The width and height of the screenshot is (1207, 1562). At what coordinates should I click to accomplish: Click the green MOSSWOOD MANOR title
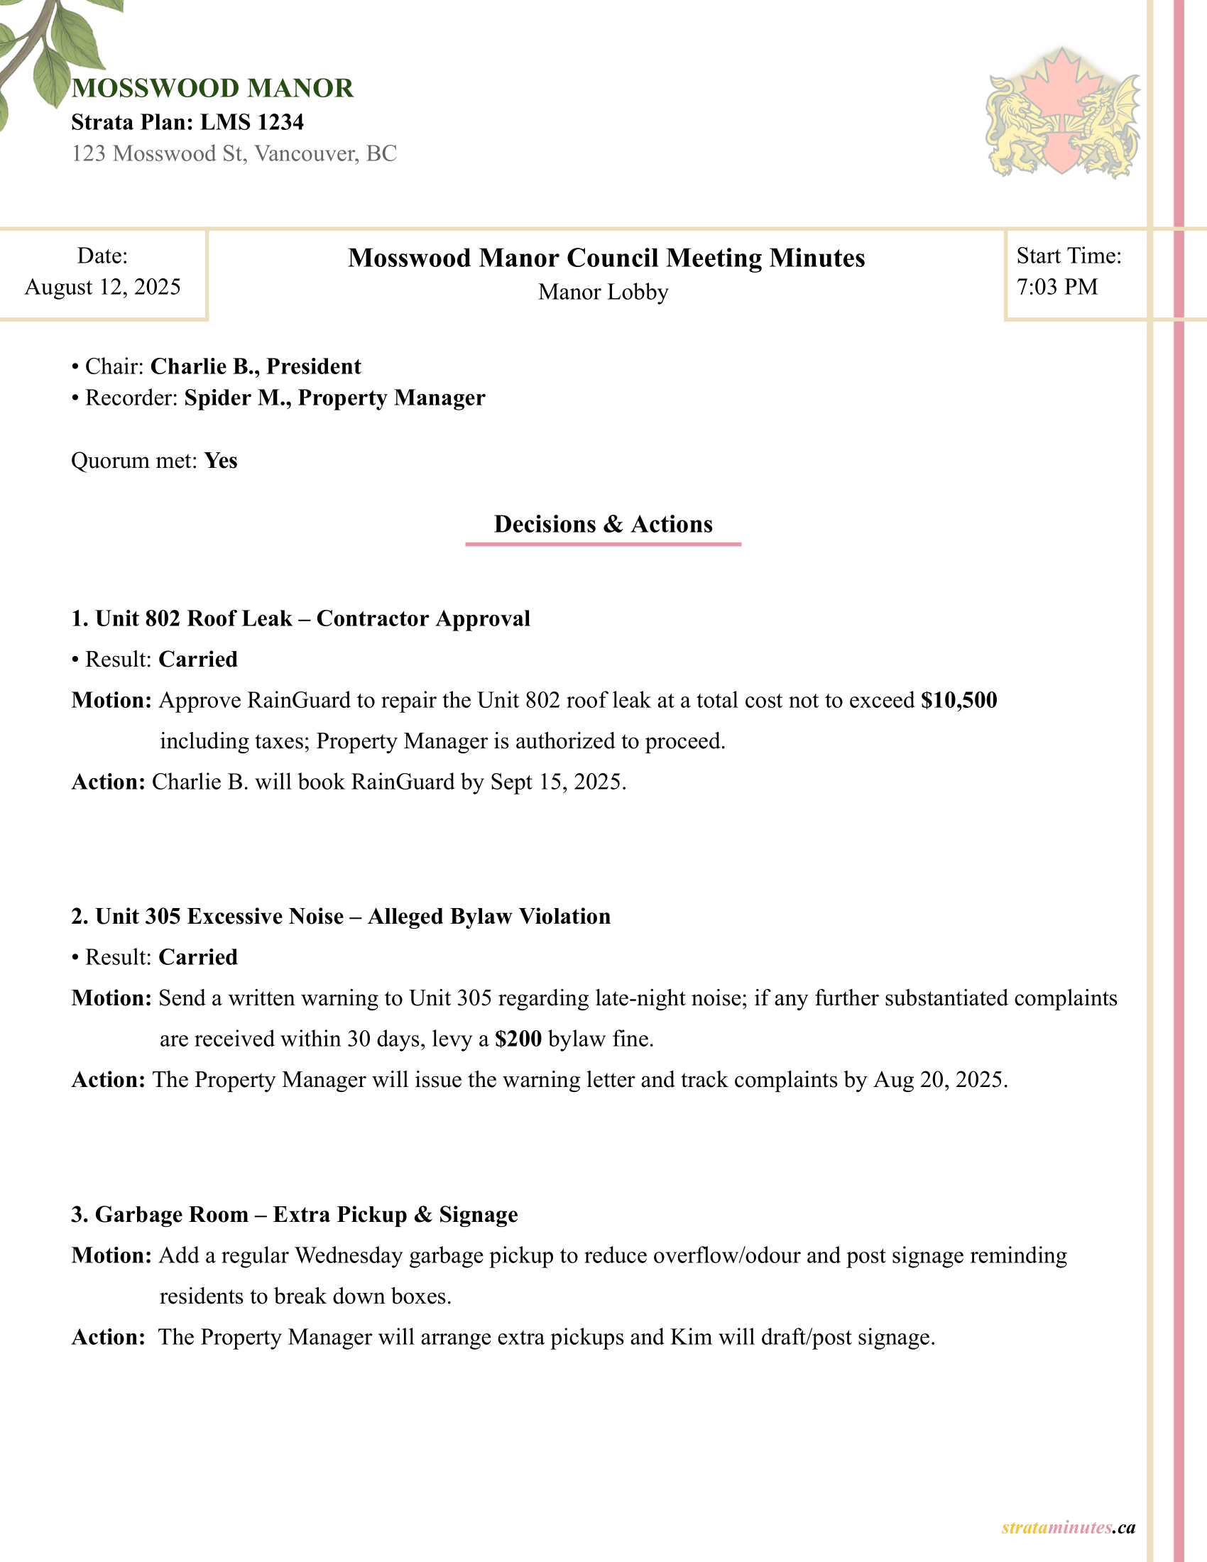212,89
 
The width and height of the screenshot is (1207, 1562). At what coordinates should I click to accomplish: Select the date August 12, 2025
103,287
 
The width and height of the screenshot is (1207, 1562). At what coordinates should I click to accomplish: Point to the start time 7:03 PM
1057,287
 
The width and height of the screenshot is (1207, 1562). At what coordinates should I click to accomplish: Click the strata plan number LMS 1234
252,122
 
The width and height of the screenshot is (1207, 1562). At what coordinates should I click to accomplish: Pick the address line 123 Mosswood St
234,154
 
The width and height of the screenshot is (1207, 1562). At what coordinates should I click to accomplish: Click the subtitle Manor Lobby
603,292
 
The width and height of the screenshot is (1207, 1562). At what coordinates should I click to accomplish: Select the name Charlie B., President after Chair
256,366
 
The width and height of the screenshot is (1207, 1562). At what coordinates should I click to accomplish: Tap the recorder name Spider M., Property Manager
334,398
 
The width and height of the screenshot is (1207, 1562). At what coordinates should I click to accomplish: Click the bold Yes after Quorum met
220,461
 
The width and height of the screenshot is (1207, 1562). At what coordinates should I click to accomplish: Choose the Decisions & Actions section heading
603,524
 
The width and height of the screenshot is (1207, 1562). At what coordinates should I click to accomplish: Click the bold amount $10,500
959,700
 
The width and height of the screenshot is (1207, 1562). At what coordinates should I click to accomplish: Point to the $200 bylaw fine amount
518,1039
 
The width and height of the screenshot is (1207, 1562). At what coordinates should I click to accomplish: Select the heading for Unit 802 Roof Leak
300,618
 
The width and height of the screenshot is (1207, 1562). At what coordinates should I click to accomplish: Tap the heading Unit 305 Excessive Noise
341,916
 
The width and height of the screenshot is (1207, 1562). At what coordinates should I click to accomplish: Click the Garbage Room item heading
295,1214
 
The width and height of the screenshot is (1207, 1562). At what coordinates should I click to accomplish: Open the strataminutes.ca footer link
1068,1528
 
